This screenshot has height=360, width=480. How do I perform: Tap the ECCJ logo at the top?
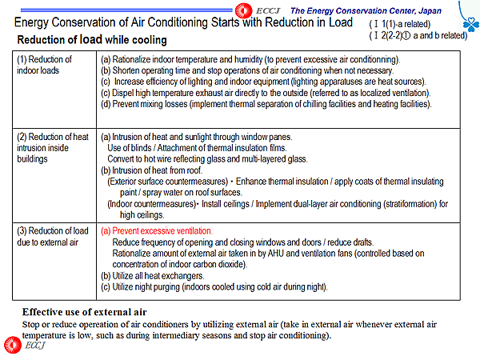pyautogui.click(x=254, y=9)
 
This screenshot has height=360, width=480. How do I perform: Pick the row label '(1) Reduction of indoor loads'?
pyautogui.click(x=46, y=65)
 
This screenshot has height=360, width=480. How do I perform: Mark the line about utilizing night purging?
pyautogui.click(x=214, y=286)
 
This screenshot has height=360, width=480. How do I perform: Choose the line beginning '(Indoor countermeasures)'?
pyautogui.click(x=277, y=204)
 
